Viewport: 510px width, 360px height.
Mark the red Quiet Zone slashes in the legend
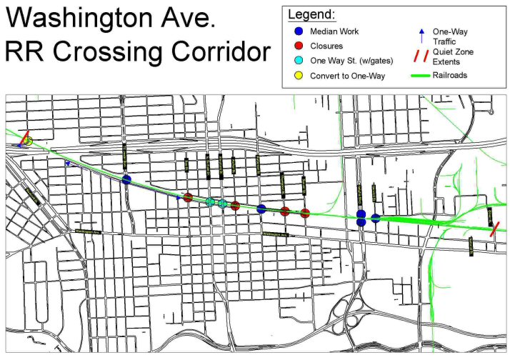coord(422,57)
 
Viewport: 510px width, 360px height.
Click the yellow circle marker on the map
coord(28,141)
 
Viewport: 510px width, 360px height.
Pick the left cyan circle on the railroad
coord(210,202)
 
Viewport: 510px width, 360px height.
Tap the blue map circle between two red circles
coord(261,209)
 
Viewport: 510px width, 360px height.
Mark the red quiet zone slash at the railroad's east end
coord(494,228)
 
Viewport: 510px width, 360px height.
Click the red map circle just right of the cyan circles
coord(235,206)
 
